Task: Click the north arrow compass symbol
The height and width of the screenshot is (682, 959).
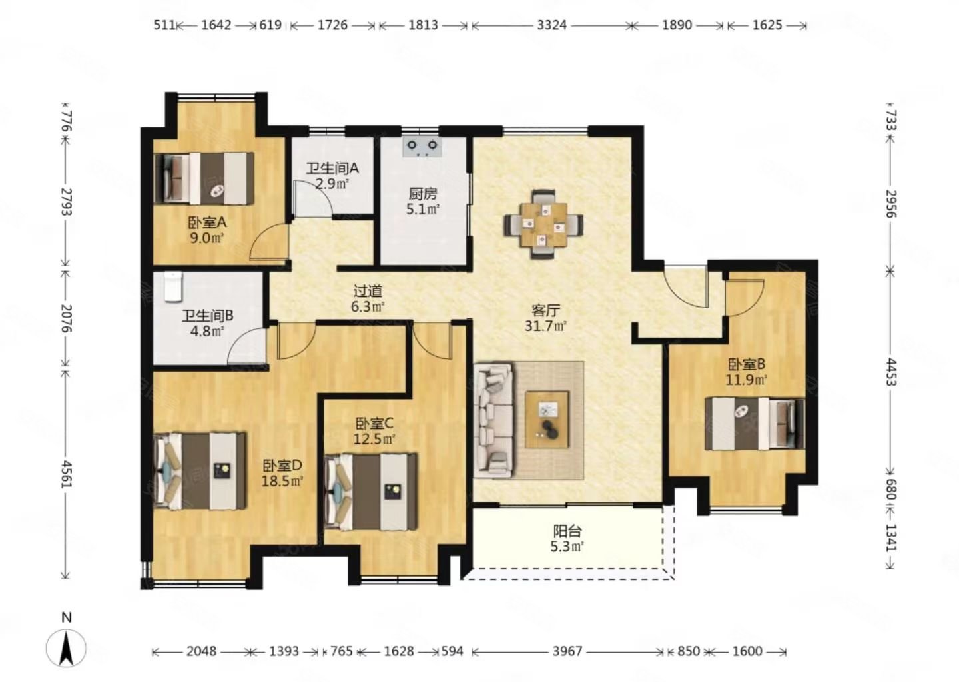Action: pos(66,647)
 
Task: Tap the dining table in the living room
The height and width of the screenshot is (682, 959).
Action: pos(543,224)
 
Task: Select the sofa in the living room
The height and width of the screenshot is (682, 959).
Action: pos(494,420)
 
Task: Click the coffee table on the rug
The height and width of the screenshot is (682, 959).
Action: pos(547,419)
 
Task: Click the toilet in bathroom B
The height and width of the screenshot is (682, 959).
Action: pos(173,286)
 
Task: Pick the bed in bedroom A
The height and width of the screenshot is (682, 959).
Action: pos(204,178)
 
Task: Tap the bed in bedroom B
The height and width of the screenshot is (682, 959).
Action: pos(755,424)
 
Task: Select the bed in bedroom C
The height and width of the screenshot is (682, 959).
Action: pos(371,492)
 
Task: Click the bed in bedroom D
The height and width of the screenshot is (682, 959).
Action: pos(200,470)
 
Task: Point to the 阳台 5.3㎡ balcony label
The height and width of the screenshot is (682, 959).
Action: pos(567,539)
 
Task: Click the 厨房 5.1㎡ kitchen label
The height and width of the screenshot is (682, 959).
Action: pos(422,202)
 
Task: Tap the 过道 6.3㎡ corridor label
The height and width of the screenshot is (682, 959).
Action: pos(368,299)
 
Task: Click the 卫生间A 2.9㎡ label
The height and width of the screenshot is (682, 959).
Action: pos(332,176)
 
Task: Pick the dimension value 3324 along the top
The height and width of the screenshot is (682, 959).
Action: pos(552,25)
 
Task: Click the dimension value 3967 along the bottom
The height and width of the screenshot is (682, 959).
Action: pos(567,651)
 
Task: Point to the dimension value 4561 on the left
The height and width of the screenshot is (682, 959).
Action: pos(67,474)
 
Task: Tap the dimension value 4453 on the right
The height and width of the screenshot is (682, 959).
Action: pos(890,372)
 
